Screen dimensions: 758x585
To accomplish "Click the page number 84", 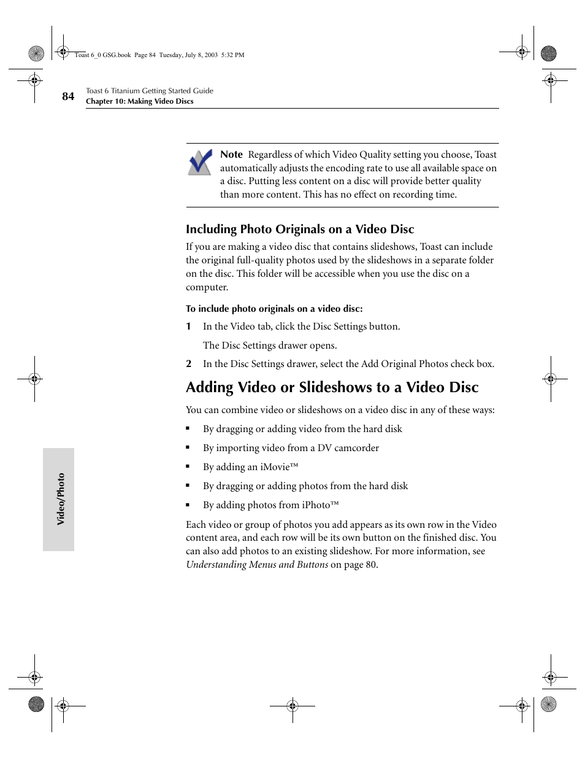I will (68, 96).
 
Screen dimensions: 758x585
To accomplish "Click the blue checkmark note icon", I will (200, 162).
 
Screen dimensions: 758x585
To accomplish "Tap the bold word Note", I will (231, 155).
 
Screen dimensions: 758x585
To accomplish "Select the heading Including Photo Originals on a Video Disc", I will (300, 230).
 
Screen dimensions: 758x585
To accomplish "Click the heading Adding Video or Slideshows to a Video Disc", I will (332, 387).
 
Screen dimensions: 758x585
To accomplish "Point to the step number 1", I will (189, 327).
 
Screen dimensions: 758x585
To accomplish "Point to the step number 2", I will (189, 364).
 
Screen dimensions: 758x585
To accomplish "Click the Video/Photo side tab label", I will (61, 499).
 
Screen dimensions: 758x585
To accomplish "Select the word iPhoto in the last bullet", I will (316, 505).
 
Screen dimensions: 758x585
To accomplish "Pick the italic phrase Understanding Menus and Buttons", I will (257, 565).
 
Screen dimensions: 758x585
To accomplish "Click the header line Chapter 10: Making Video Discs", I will (139, 102).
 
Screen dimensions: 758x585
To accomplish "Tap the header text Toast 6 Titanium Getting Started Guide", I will (150, 91).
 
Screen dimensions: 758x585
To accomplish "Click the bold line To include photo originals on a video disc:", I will (274, 309).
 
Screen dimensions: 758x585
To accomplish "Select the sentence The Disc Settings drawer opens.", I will (270, 346).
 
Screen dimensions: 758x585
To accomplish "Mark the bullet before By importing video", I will (188, 448).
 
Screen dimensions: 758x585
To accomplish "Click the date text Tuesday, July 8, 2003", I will (188, 55).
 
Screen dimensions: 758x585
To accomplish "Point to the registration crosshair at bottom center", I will (292, 706).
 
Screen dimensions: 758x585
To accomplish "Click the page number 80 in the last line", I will (370, 565).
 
